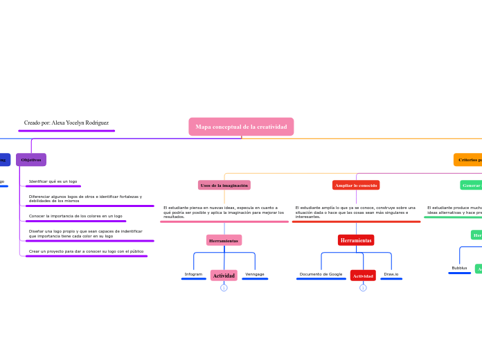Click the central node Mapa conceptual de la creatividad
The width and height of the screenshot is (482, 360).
tap(241, 127)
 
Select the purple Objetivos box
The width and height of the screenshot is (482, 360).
tap(31, 160)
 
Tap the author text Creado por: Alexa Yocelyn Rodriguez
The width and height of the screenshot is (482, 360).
tap(66, 123)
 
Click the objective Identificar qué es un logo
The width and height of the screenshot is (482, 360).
tap(53, 181)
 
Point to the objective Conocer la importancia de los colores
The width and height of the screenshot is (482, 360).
tap(75, 216)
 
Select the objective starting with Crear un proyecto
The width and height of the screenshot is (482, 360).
tap(86, 251)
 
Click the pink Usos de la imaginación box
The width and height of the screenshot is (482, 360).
tap(224, 186)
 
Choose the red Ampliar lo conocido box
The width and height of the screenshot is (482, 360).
tap(356, 186)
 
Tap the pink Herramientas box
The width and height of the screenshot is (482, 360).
tap(224, 240)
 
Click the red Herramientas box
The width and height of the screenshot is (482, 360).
tap(356, 240)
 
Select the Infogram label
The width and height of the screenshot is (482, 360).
tap(193, 274)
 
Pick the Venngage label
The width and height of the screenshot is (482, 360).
tap(255, 274)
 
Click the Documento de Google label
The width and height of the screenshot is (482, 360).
tap(321, 274)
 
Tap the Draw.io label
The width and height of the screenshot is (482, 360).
tap(391, 274)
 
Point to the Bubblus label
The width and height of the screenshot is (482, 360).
tap(459, 268)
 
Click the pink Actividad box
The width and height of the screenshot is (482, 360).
tap(224, 276)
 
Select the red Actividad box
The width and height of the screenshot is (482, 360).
tap(363, 276)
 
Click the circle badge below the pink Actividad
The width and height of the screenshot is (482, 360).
tap(224, 288)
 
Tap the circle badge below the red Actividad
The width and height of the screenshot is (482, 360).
tap(363, 288)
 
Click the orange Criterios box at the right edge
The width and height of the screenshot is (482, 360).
tap(468, 160)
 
